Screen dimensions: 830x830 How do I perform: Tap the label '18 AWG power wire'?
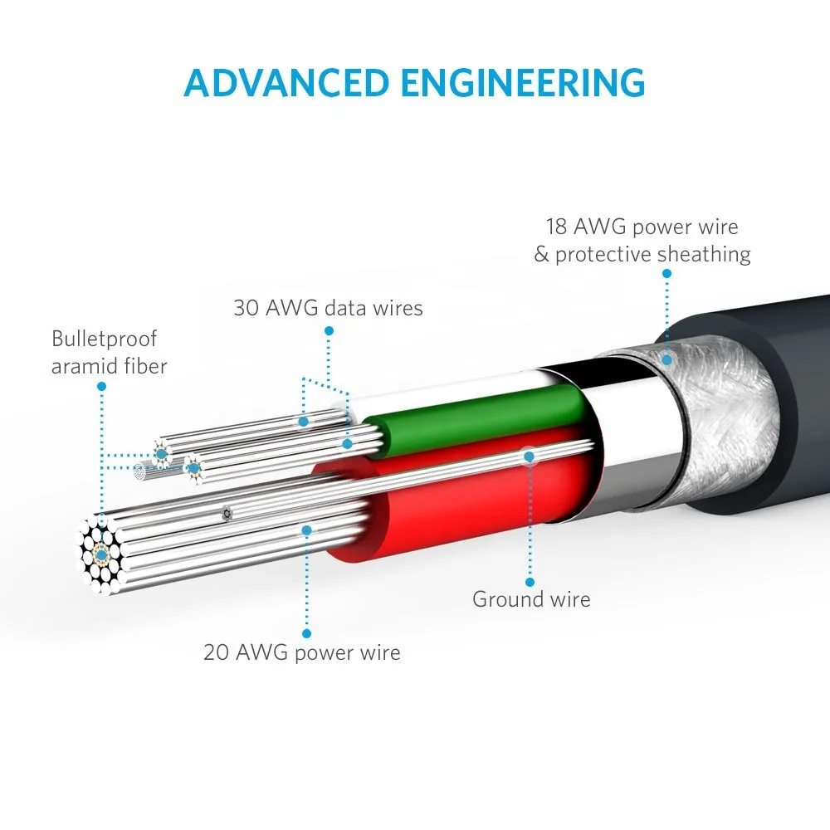pos(642,227)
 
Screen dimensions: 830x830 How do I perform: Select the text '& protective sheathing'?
pos(642,254)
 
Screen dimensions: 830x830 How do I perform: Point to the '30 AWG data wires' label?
pos(328,308)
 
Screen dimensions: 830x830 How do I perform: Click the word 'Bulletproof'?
pos(104,339)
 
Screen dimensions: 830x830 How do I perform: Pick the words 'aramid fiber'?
pos(109,366)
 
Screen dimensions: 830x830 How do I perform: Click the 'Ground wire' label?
pos(531,598)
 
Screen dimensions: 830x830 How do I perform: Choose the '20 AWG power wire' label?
pos(302,652)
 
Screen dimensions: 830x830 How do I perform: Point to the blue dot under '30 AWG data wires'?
pos(329,330)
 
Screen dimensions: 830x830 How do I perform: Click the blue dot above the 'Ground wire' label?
pos(530,582)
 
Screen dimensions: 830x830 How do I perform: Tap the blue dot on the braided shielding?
pos(665,359)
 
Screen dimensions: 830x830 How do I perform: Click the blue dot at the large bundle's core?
pos(101,552)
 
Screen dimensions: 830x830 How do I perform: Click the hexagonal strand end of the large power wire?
pos(101,553)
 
